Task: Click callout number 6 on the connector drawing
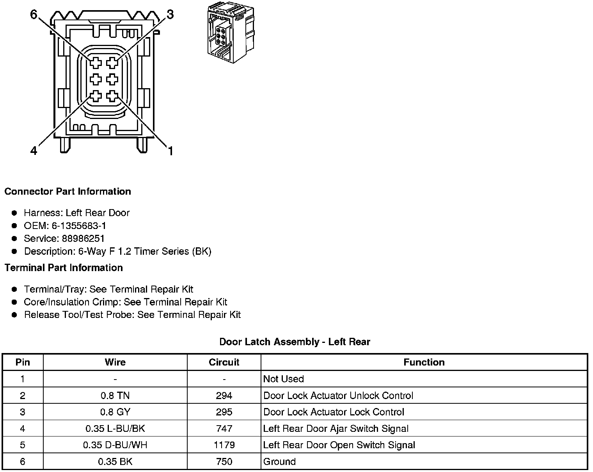(x=34, y=15)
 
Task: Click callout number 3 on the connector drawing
(x=170, y=15)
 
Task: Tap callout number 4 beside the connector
(x=34, y=151)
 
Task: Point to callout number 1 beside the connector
(x=170, y=151)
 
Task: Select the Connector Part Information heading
(x=67, y=192)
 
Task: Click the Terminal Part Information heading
(x=64, y=268)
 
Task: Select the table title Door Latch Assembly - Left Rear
(x=295, y=342)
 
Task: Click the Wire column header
(x=115, y=362)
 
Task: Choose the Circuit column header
(x=224, y=362)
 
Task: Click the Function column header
(x=424, y=362)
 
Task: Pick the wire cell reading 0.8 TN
(x=115, y=396)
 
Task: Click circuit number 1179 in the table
(x=224, y=445)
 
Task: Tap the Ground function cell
(x=280, y=462)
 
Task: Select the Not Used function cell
(x=284, y=379)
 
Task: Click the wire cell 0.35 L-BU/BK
(x=115, y=429)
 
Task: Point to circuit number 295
(x=224, y=412)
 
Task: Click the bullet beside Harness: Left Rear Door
(x=14, y=213)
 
